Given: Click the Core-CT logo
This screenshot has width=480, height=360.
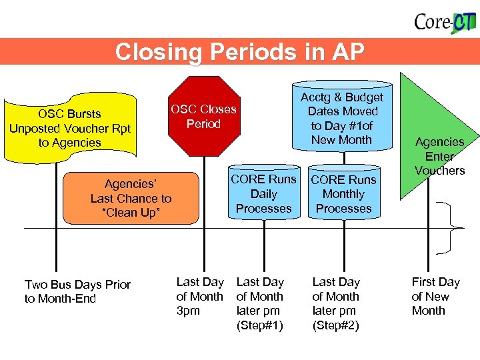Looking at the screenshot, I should [x=445, y=23].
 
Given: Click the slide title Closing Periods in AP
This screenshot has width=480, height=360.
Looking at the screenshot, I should [x=239, y=52].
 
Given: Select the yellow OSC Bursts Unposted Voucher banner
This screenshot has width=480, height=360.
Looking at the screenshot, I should [x=70, y=128].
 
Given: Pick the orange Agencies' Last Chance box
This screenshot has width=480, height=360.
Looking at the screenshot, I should [x=131, y=198].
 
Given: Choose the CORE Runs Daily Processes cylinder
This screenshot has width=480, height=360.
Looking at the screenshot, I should [x=263, y=193].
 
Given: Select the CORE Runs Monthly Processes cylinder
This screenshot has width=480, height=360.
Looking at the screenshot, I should [x=343, y=194].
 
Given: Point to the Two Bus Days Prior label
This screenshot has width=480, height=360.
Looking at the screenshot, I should [x=77, y=291].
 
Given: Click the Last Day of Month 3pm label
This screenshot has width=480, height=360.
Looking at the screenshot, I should [x=199, y=296].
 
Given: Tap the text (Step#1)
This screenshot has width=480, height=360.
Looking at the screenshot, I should [x=260, y=325].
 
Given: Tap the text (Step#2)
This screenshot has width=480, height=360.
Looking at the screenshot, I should [x=335, y=325].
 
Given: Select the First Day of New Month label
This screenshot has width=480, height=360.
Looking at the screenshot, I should [x=435, y=296].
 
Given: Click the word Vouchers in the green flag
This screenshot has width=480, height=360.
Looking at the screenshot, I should [x=439, y=171].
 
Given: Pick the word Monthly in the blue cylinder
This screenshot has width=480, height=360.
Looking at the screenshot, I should [x=343, y=194].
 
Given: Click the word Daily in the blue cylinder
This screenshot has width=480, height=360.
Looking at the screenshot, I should [x=263, y=194].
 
